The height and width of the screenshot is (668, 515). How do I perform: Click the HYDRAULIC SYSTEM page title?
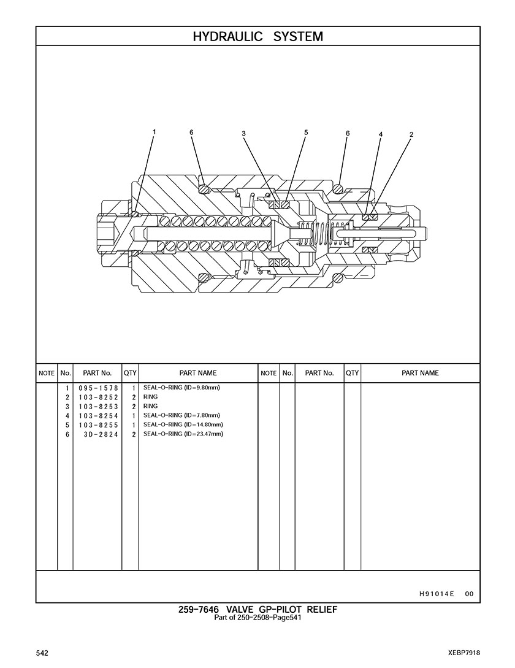coord(257,37)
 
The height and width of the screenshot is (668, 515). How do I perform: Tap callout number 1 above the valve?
coord(154,132)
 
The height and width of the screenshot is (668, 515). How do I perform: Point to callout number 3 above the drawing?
coord(243,133)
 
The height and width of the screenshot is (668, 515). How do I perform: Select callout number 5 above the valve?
coord(306,132)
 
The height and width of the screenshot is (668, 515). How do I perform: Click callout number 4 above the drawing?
coord(381,134)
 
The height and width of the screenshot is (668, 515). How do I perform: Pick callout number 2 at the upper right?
coord(411,134)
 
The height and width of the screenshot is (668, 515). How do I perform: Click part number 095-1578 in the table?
coord(98,388)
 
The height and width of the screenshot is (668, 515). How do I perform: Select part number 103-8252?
coord(98,397)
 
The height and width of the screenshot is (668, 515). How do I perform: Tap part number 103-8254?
coord(98,416)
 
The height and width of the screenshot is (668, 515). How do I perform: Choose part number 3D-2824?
coord(101,434)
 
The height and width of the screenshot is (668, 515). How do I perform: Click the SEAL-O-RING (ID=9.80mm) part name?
coord(181,388)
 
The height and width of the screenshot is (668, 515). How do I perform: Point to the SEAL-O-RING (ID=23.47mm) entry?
coord(183,434)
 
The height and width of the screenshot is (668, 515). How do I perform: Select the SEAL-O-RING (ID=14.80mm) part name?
coord(183,424)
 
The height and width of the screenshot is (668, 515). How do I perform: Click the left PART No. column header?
coord(97,373)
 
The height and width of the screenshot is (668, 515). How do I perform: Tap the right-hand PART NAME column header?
coord(420,373)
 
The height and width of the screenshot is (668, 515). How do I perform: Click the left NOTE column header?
coord(47,373)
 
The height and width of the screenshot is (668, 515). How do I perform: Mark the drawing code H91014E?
coord(437,594)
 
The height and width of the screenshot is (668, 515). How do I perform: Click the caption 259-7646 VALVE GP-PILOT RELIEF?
coord(257,610)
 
